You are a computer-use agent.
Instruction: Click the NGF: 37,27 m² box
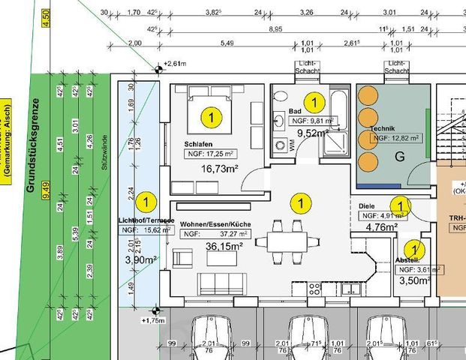coord(209,234)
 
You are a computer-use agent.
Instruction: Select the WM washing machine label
coord(291,143)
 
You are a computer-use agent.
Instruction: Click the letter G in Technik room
coord(399,157)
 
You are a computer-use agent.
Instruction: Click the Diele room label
coord(367,204)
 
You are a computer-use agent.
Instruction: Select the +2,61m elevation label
coord(176,65)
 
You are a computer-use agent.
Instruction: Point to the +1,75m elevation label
coord(153,320)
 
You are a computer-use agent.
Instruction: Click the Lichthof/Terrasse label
coord(146,220)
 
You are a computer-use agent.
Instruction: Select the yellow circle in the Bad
coord(314,100)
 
